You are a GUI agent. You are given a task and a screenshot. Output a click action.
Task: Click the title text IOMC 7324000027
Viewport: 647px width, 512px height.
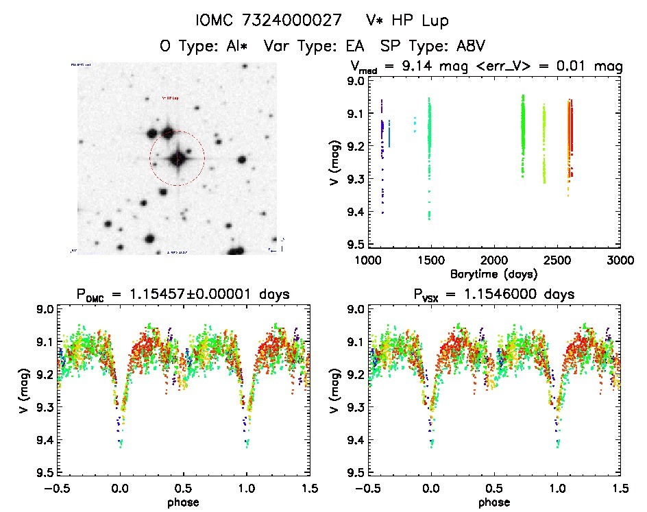click(268, 21)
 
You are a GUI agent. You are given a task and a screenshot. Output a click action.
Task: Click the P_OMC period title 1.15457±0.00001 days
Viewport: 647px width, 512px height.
click(183, 295)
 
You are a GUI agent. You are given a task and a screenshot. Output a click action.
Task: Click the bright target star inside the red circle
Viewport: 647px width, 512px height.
click(178, 158)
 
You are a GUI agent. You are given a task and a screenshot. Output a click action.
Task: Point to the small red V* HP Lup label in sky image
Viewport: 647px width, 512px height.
click(170, 98)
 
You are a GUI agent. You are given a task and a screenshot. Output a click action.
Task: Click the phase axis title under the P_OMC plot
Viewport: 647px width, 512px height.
click(183, 502)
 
